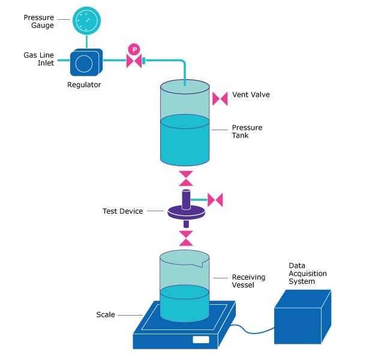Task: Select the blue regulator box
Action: click(87, 62)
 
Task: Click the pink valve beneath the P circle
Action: click(133, 61)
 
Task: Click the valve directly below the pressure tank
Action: click(186, 178)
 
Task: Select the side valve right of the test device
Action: click(215, 198)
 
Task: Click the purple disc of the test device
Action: click(186, 211)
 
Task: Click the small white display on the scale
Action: click(201, 340)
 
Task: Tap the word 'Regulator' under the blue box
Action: click(84, 85)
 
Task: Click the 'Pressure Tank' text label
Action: click(247, 131)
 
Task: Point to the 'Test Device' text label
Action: click(122, 211)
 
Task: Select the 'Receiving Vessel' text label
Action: click(247, 281)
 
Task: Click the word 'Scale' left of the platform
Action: click(106, 314)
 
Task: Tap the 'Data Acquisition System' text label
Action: click(307, 273)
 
